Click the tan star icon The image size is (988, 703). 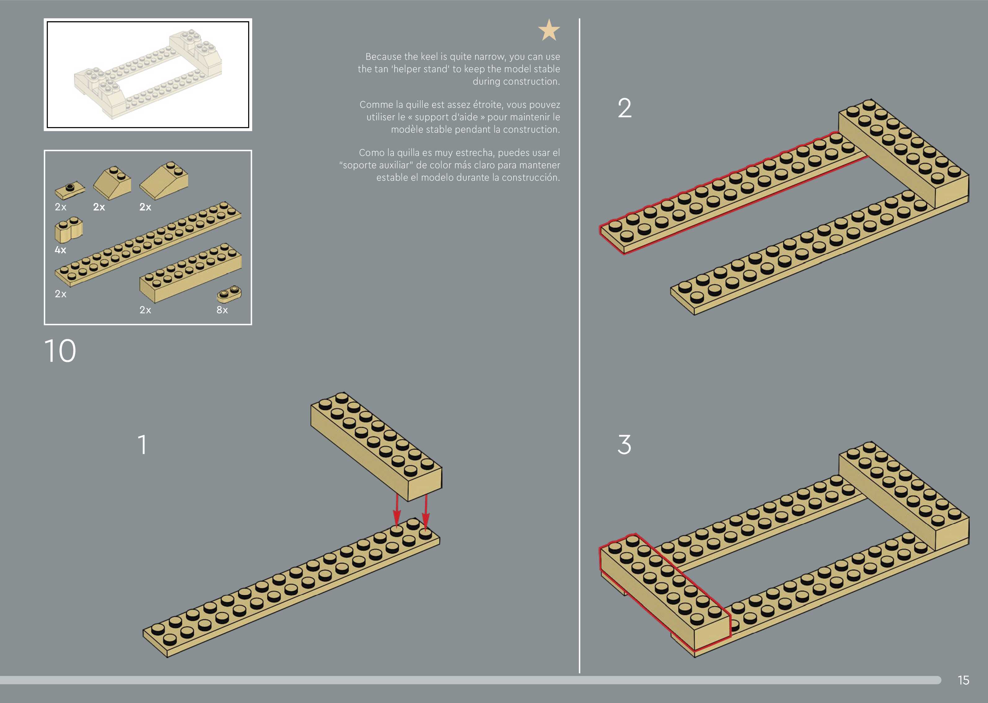pyautogui.click(x=549, y=30)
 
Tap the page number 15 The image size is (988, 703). pyautogui.click(x=963, y=680)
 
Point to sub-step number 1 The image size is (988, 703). pyautogui.click(x=142, y=444)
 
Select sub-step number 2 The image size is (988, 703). pyautogui.click(x=624, y=108)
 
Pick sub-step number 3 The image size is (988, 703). pyautogui.click(x=624, y=444)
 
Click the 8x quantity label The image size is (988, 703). pyautogui.click(x=222, y=310)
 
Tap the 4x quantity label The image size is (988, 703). pyautogui.click(x=60, y=250)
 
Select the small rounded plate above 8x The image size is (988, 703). pyautogui.click(x=229, y=294)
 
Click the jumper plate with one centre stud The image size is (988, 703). pyautogui.click(x=70, y=190)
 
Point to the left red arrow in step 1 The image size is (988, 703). pyautogui.click(x=397, y=511)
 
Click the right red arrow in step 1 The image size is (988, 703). pyautogui.click(x=426, y=511)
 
